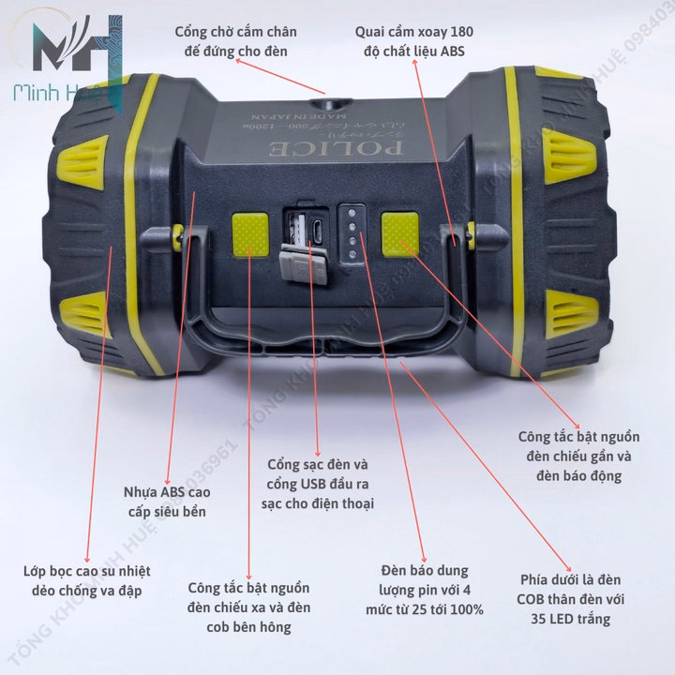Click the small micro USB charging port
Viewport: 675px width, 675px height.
click(320, 228)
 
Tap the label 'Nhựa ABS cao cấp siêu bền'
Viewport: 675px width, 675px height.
click(168, 502)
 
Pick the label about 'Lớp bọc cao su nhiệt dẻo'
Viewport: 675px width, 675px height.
click(87, 581)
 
